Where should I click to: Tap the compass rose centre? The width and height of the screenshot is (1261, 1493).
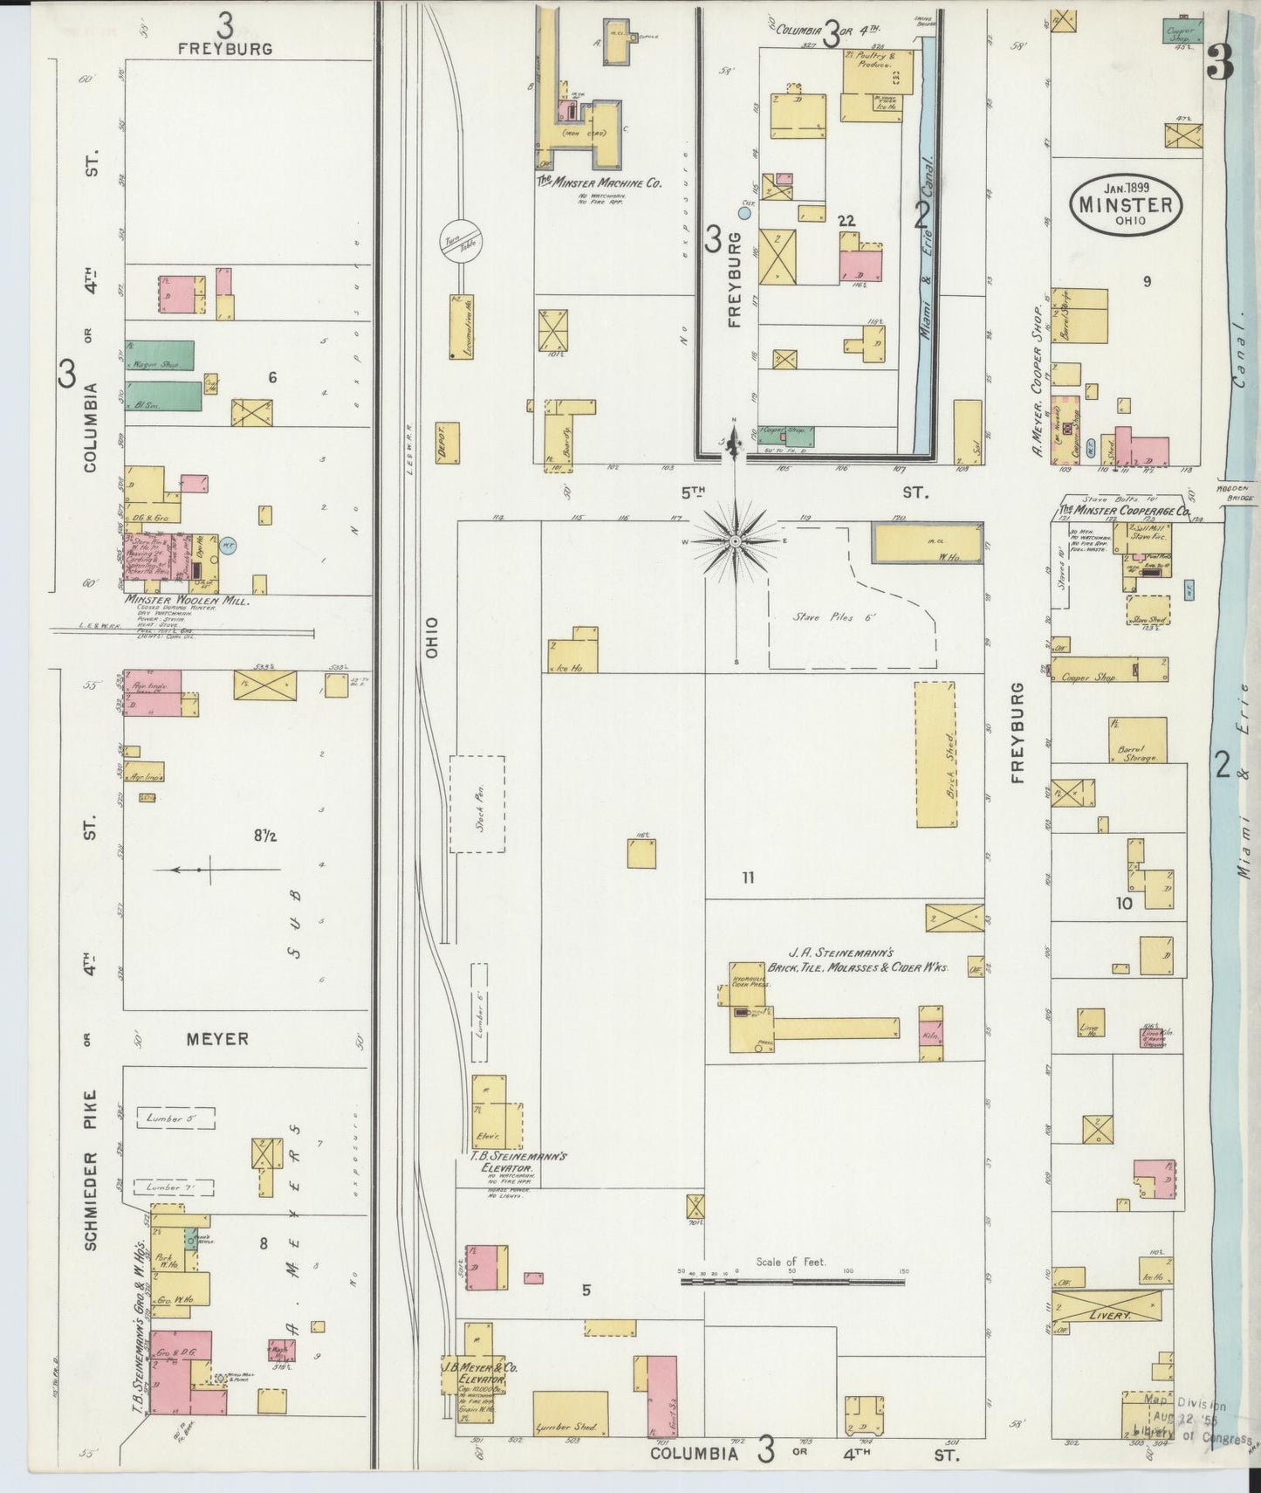736,541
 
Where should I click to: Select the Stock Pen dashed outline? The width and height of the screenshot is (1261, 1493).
477,804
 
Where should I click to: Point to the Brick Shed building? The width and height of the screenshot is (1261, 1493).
935,754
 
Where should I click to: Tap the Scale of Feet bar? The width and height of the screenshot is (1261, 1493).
792,1282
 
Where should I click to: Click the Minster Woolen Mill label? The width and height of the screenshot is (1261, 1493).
187,601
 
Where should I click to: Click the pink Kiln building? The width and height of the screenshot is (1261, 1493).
930,1033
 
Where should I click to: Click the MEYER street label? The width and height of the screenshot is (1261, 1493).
218,1039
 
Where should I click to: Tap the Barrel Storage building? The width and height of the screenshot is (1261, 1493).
1137,740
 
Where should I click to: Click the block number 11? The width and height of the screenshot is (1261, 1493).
747,877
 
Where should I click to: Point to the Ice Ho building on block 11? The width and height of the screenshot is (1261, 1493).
573,650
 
